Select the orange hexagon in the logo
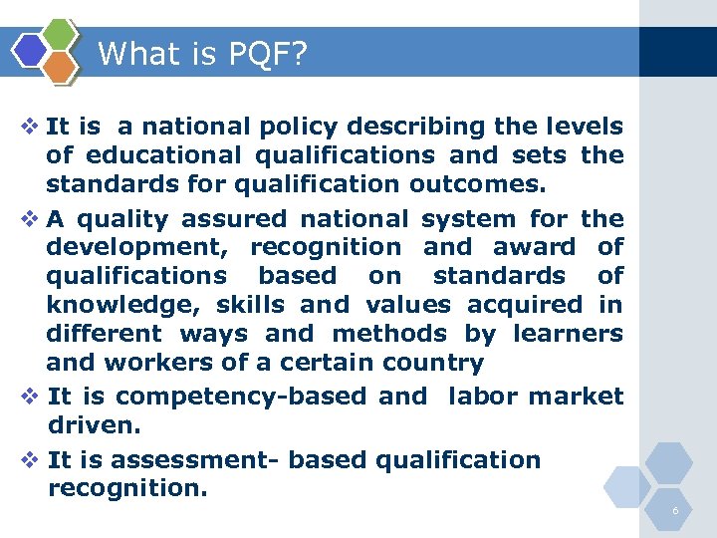pos(60,66)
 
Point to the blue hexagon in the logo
pos(31,50)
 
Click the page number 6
pos(675,511)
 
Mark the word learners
pos(567,334)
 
